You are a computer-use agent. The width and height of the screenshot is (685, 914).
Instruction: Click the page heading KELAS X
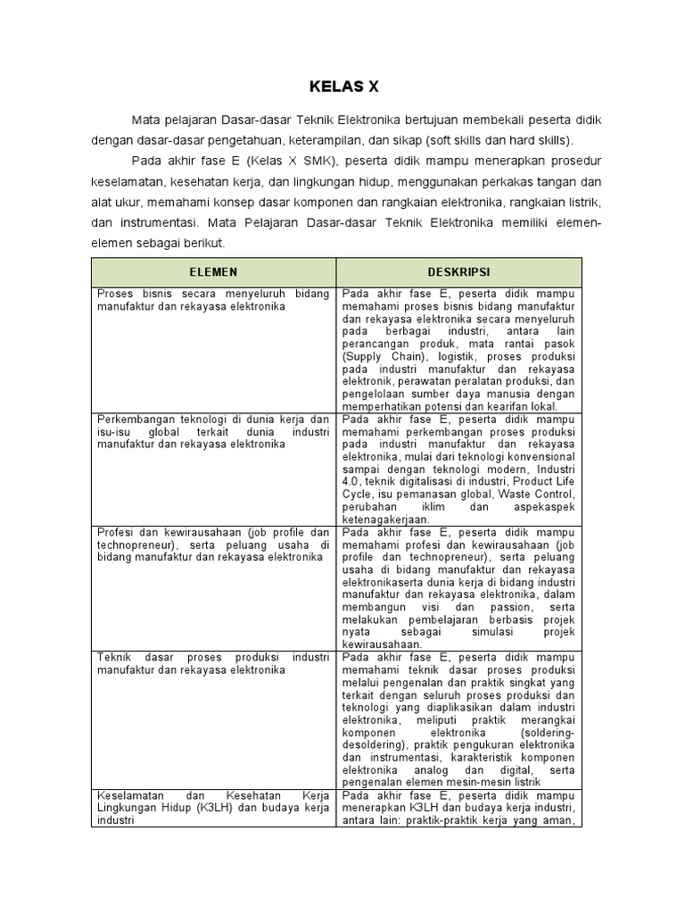point(343,87)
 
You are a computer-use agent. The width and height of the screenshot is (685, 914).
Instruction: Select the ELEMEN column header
point(213,272)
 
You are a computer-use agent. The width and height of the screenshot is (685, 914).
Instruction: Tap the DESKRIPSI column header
point(458,272)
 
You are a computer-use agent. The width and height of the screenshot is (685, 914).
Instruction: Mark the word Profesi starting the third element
point(114,532)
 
